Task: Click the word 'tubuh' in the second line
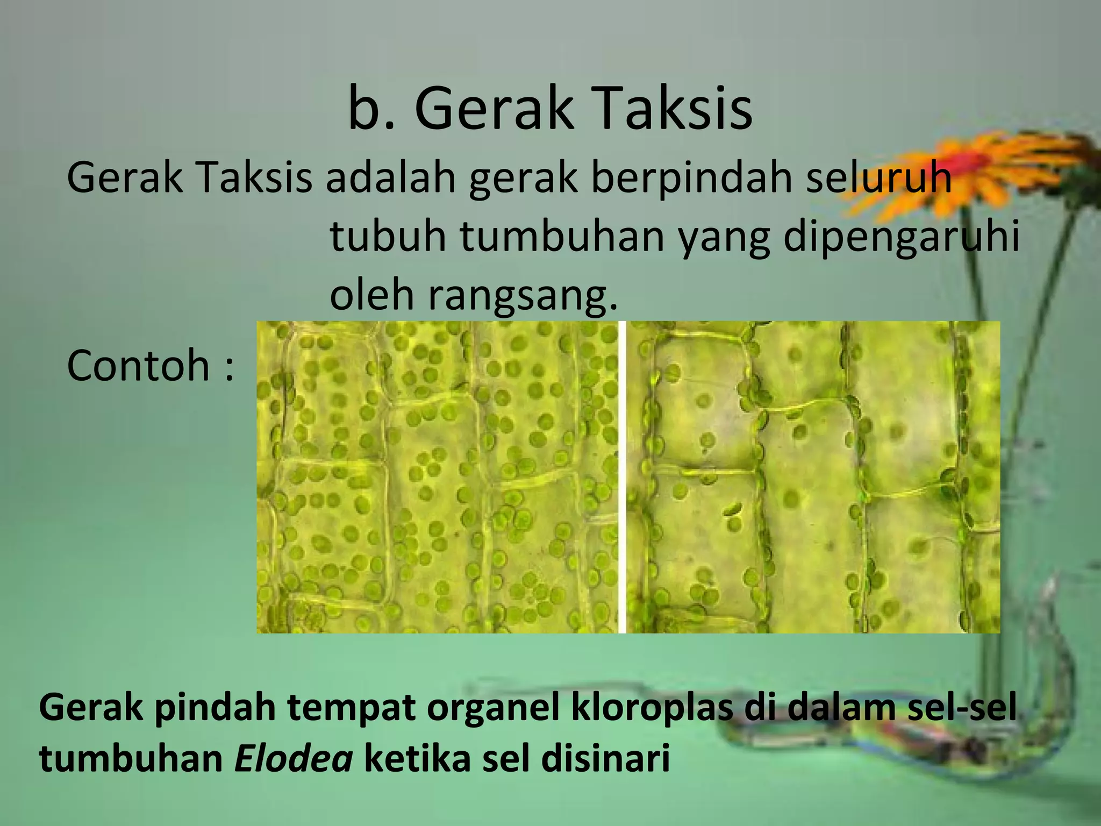(388, 237)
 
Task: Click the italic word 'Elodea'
(294, 759)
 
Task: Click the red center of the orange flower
(970, 160)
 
